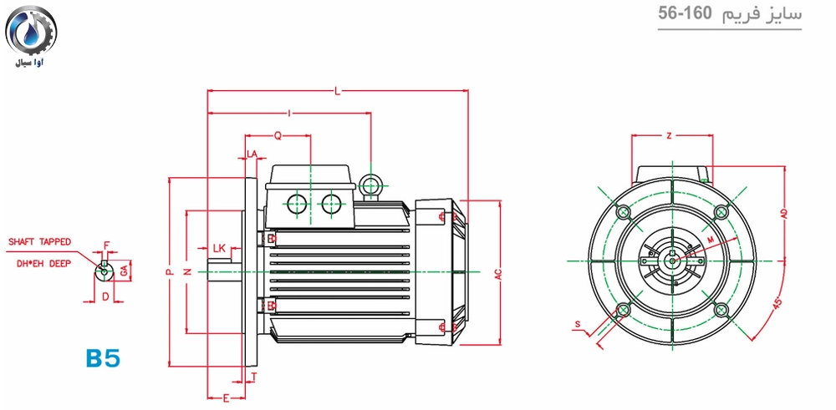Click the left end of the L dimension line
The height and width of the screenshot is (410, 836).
[x=206, y=91]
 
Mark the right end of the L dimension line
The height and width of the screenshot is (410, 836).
[x=468, y=91]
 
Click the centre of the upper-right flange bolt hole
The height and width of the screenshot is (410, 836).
[x=721, y=212]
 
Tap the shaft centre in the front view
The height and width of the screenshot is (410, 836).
[x=673, y=261]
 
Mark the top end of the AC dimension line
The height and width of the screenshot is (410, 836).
[x=500, y=200]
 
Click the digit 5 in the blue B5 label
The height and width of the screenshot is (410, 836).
[x=111, y=358]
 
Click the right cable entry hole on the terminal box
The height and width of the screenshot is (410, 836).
[x=331, y=203]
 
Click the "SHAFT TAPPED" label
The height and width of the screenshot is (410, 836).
[x=39, y=241]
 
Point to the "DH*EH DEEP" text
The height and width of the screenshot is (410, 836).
[x=39, y=263]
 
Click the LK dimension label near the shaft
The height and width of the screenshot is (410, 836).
[x=219, y=248]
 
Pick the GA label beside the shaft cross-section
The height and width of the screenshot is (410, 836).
[x=124, y=271]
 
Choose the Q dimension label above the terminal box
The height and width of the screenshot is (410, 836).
[x=278, y=136]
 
